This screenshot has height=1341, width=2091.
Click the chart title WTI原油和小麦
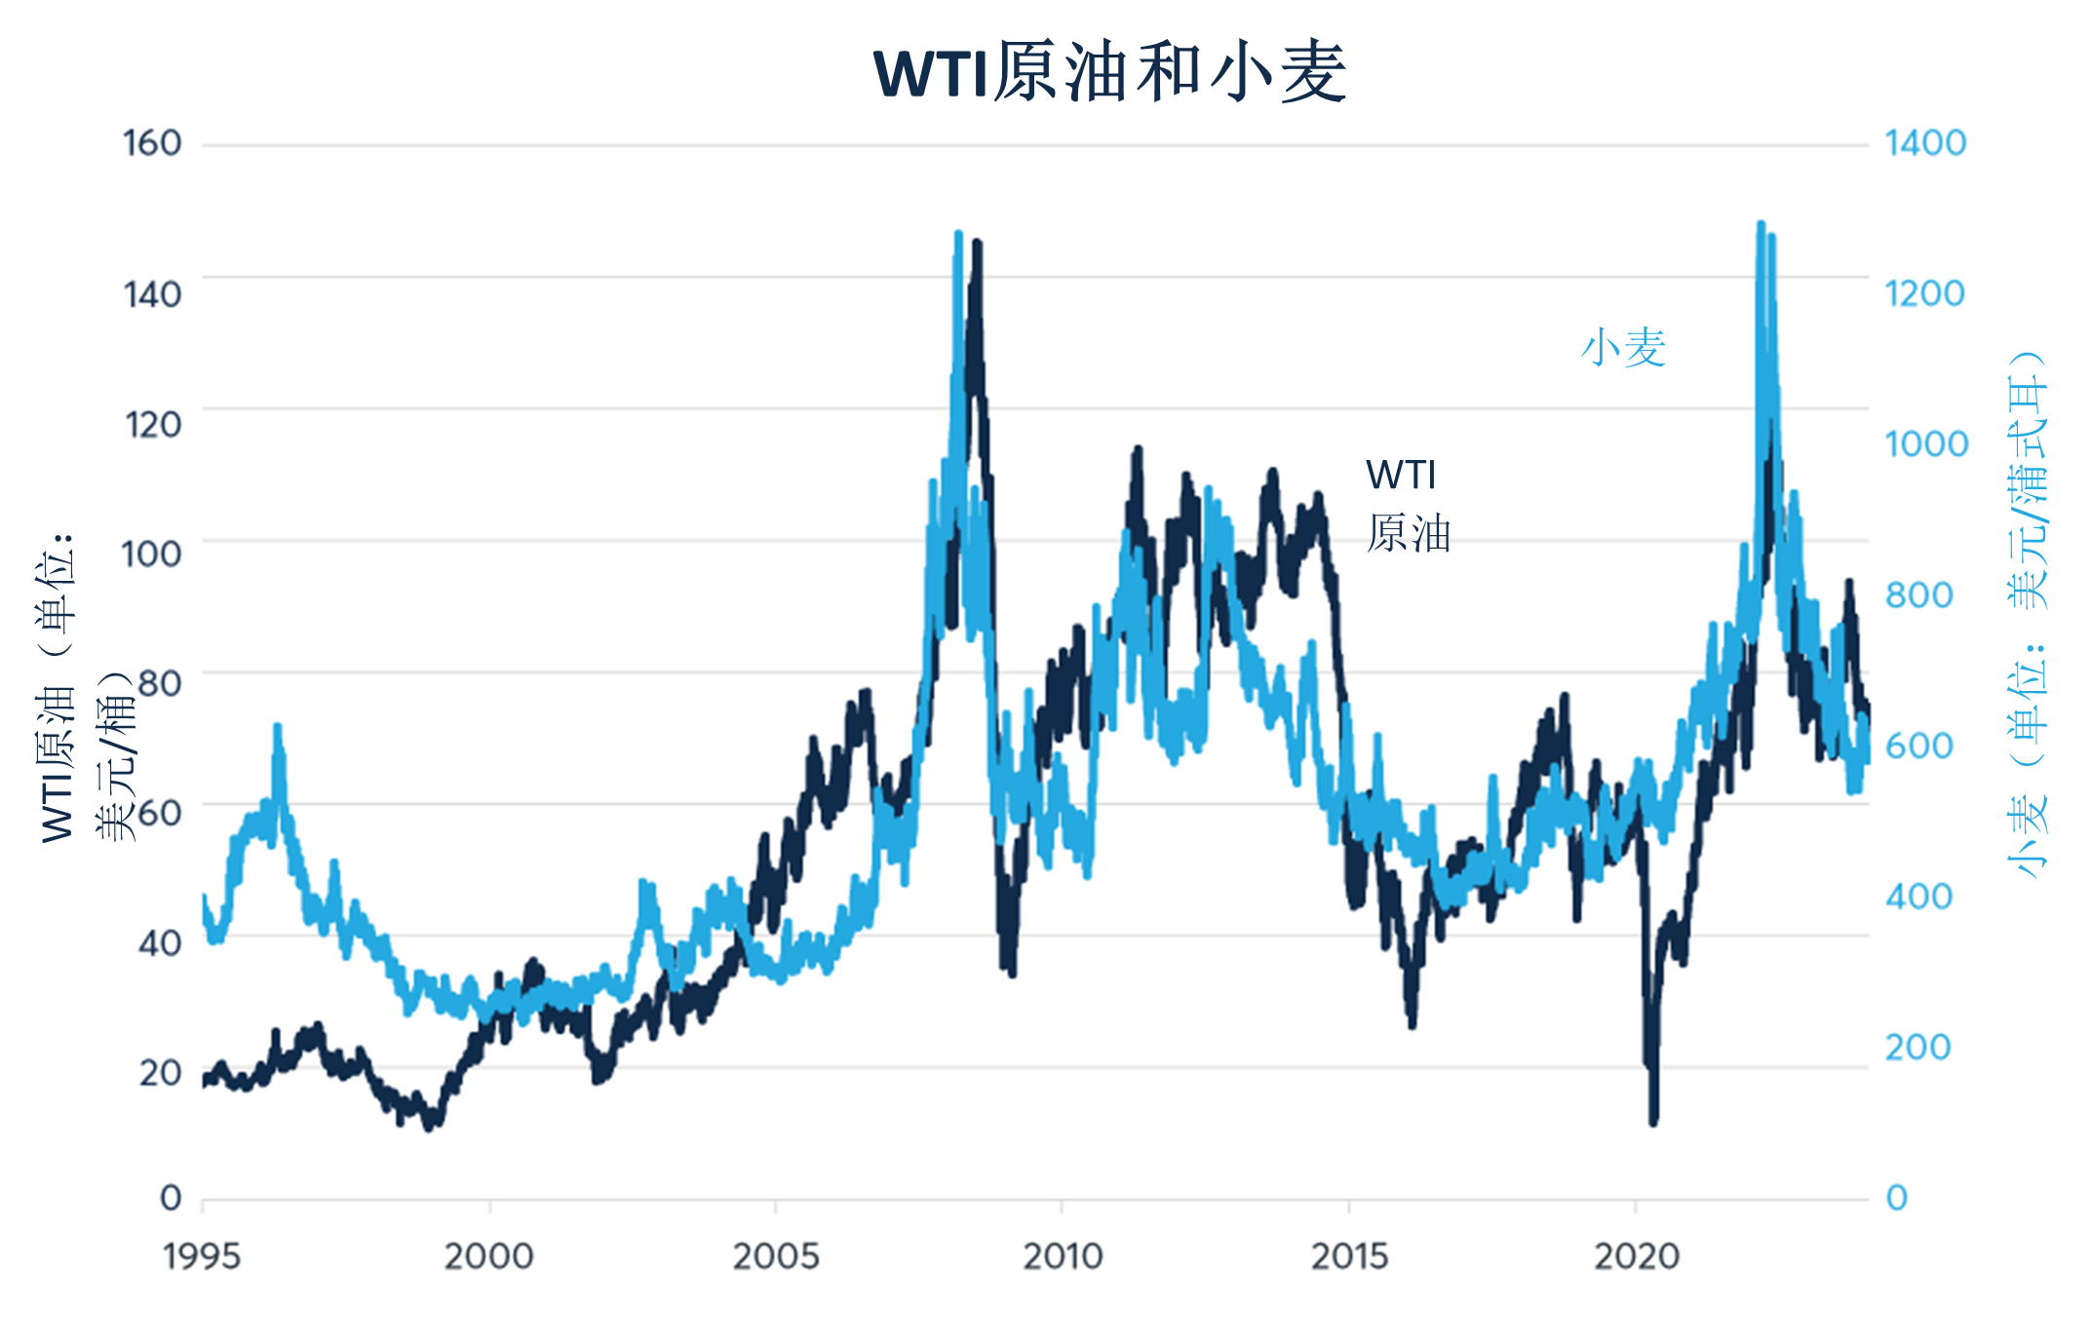(x=1110, y=73)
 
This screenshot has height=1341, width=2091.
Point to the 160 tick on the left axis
(x=152, y=144)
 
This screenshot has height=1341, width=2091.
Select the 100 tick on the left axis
(x=151, y=555)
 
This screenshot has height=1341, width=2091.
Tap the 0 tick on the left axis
(x=171, y=1198)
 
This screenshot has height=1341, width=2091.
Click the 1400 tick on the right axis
(x=1925, y=144)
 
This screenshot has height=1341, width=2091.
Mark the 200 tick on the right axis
(x=1917, y=1048)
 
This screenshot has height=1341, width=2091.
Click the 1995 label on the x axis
(x=202, y=1257)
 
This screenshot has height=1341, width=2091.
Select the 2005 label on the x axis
(x=775, y=1257)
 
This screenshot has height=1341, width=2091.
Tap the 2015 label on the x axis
(x=1349, y=1257)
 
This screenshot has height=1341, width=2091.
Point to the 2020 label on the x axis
(x=1637, y=1257)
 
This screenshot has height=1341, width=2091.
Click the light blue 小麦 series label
(x=1623, y=348)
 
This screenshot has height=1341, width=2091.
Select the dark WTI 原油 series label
(x=1408, y=505)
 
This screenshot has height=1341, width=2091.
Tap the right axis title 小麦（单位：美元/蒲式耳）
(x=2028, y=614)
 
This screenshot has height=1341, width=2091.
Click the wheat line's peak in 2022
(x=1761, y=225)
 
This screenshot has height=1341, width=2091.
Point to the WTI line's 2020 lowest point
(x=1653, y=1122)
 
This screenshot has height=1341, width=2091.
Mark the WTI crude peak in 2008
(x=977, y=242)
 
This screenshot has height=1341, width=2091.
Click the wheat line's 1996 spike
(x=278, y=727)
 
